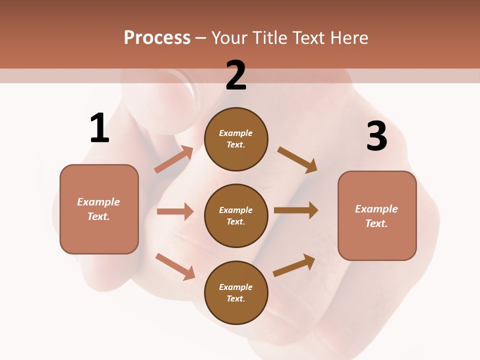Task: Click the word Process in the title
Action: pos(157,38)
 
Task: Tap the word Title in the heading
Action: pos(270,38)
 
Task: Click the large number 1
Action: pos(99,128)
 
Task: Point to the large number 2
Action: pos(236,75)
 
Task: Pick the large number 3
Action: pos(376,136)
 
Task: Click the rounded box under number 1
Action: pos(99,209)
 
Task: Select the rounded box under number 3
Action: pos(377,215)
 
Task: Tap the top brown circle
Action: pos(236,139)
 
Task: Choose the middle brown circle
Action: pos(236,215)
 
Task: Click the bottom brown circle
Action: pos(236,292)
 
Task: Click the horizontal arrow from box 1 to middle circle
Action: pos(175,211)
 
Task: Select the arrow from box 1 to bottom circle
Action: pos(175,266)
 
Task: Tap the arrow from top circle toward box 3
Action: pos(297,159)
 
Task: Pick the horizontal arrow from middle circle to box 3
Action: pos(295,210)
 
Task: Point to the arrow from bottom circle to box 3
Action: pos(294,265)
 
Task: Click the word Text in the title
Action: pos(309,38)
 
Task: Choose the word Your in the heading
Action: pos(229,38)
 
